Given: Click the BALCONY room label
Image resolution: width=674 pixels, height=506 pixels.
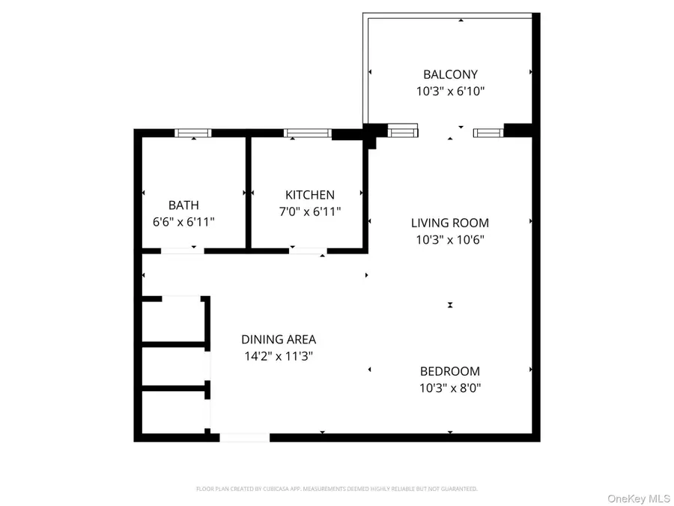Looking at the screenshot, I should coord(450,74).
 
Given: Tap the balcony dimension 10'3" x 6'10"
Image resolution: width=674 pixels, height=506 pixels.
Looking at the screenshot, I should coord(450,91).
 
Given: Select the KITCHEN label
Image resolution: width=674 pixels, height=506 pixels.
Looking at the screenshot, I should coord(309,195).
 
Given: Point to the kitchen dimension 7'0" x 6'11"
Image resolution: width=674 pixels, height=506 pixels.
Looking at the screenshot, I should coord(309,212).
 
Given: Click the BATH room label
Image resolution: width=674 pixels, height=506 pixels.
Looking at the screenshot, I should coord(183,205).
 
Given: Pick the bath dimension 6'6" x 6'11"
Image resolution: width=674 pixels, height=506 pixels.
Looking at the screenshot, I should coord(183,222).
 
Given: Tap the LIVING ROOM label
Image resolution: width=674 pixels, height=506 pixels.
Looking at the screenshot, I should coord(450,223).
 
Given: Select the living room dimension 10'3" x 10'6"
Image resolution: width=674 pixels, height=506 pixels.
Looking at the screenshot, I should coord(450,240).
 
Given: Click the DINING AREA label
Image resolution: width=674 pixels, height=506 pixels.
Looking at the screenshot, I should coord(279,339).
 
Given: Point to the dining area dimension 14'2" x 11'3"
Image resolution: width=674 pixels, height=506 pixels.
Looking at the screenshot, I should coord(279,356).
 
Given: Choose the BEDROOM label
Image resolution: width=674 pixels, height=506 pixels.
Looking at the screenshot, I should coord(450,371).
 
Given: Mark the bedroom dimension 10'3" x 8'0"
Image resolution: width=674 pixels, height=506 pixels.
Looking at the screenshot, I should coord(450,388).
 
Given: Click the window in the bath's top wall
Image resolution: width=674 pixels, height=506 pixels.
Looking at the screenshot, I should coord(193,133).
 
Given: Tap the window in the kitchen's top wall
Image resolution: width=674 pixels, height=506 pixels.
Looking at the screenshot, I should coord(308,133).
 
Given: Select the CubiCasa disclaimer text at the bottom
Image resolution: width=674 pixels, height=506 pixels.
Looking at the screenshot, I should coord(337,489).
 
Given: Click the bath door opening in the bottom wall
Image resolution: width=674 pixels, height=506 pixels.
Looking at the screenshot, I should coord(183,250).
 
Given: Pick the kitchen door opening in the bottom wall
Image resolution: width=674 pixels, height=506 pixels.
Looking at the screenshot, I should coord(307,250).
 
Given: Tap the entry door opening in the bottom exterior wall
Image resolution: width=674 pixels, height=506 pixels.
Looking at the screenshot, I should coord(245,437).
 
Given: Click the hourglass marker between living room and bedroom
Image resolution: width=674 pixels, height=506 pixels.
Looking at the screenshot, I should coord(450,305).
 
